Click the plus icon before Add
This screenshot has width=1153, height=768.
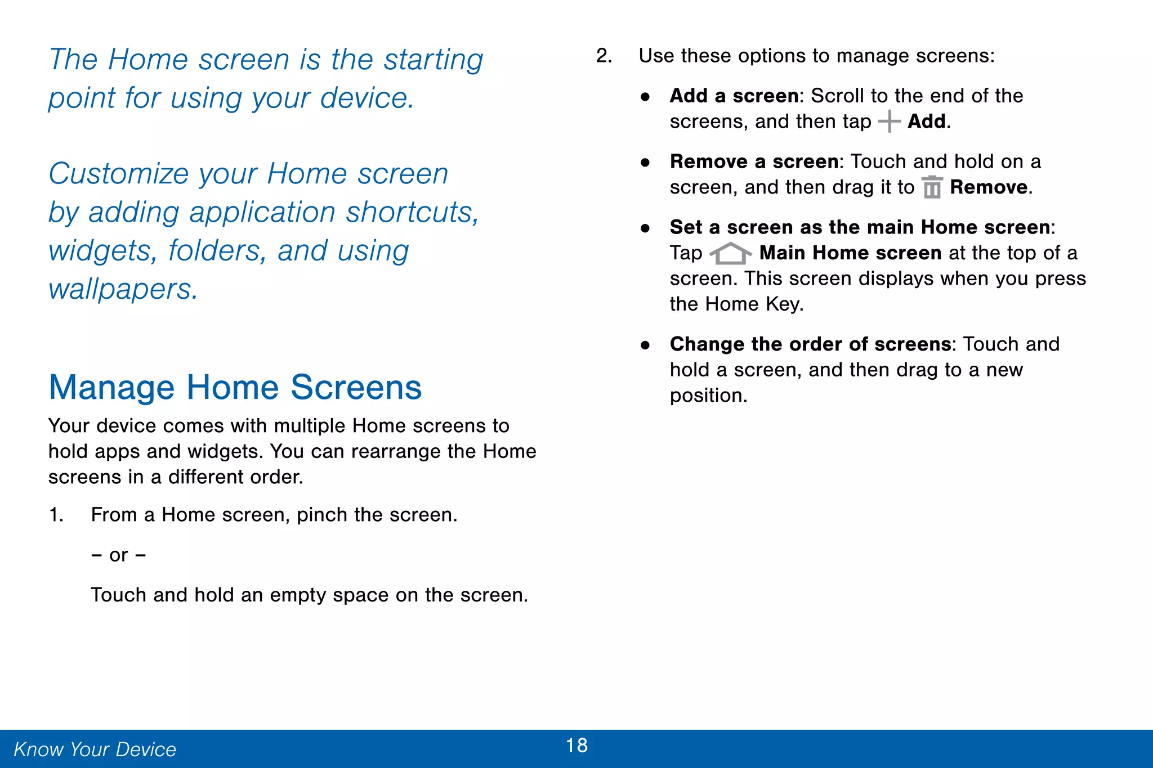point(889,122)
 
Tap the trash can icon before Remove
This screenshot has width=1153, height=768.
point(932,187)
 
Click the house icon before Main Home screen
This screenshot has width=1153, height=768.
point(730,253)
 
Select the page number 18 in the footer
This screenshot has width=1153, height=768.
point(576,745)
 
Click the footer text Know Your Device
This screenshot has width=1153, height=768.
point(95,749)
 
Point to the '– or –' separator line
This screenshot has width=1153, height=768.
point(119,555)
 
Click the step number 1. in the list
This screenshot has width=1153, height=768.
point(56,515)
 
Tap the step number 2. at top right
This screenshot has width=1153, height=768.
point(604,56)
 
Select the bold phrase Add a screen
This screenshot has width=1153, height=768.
point(734,96)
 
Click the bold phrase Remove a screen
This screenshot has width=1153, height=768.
point(754,162)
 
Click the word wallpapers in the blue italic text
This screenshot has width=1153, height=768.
point(123,290)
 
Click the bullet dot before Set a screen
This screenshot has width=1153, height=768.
point(645,228)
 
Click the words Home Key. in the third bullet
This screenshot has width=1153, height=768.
point(754,304)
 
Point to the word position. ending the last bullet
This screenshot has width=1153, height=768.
point(708,396)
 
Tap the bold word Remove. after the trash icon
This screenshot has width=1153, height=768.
point(991,187)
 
